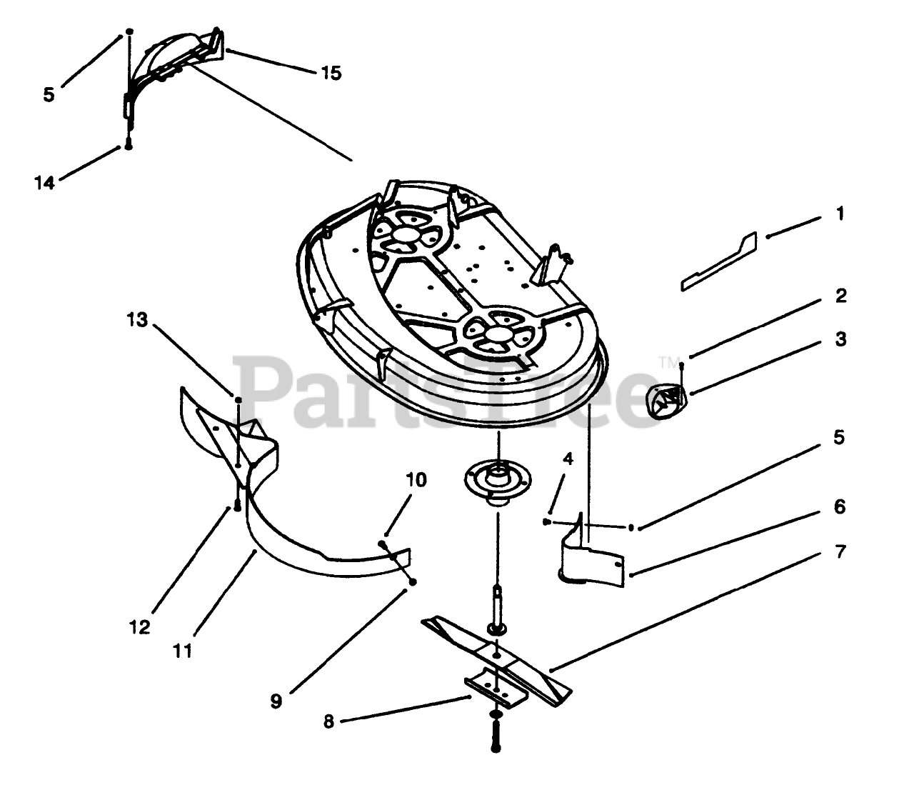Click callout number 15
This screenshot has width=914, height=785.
click(x=331, y=73)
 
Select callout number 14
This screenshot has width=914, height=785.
click(x=44, y=183)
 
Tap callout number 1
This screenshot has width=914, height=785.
click(x=840, y=213)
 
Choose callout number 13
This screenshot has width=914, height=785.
click(x=137, y=319)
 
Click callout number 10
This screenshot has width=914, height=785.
click(x=417, y=479)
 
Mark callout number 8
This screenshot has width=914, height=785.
click(x=328, y=721)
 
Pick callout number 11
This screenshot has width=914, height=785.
click(x=183, y=651)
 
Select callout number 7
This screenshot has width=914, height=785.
click(x=840, y=551)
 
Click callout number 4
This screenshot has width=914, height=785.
click(x=568, y=459)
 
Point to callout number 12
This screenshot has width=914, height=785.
click(x=140, y=627)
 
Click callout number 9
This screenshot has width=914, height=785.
click(x=276, y=701)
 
